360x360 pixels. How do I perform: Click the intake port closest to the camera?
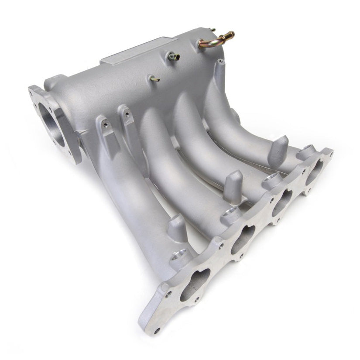coord(195,285)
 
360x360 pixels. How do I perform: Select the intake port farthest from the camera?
coord(315,171)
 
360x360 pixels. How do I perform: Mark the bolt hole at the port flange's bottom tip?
coord(157,330)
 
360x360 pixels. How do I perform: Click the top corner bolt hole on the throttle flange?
coord(32,92)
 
